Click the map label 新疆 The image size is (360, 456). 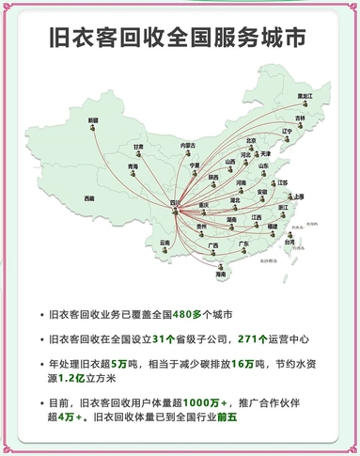pos(93,120)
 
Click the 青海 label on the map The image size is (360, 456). pos(133,166)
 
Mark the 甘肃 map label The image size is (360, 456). pos(138,147)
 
